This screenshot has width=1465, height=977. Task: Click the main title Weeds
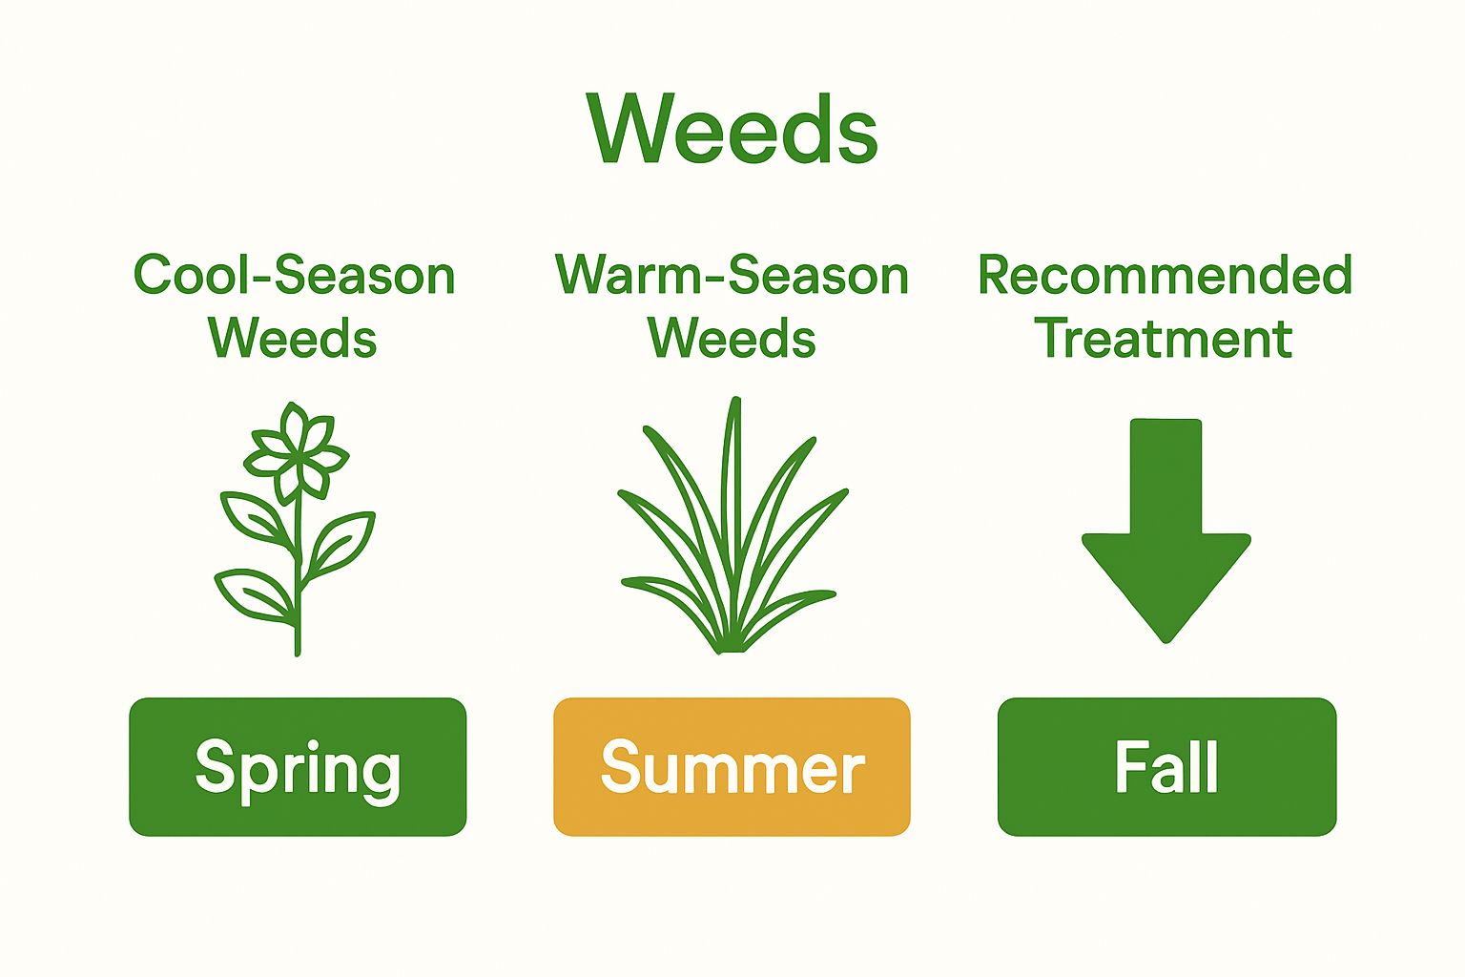point(732,129)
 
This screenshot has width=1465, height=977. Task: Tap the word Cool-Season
point(294,275)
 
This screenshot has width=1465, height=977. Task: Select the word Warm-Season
point(732,275)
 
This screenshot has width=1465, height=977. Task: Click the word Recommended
point(1165,275)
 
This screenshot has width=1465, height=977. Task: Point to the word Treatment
point(1164,339)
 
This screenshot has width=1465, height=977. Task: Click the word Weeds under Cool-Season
point(293,339)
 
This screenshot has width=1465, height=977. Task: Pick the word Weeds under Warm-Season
point(732,339)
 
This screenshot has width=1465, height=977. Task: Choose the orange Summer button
point(732,766)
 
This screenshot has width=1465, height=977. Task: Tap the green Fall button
point(1166,766)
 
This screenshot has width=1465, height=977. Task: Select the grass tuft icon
point(732,526)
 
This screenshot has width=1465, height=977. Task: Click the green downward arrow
point(1166,530)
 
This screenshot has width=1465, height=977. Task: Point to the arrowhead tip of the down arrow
point(1166,641)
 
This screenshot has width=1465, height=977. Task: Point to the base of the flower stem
point(298,653)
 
